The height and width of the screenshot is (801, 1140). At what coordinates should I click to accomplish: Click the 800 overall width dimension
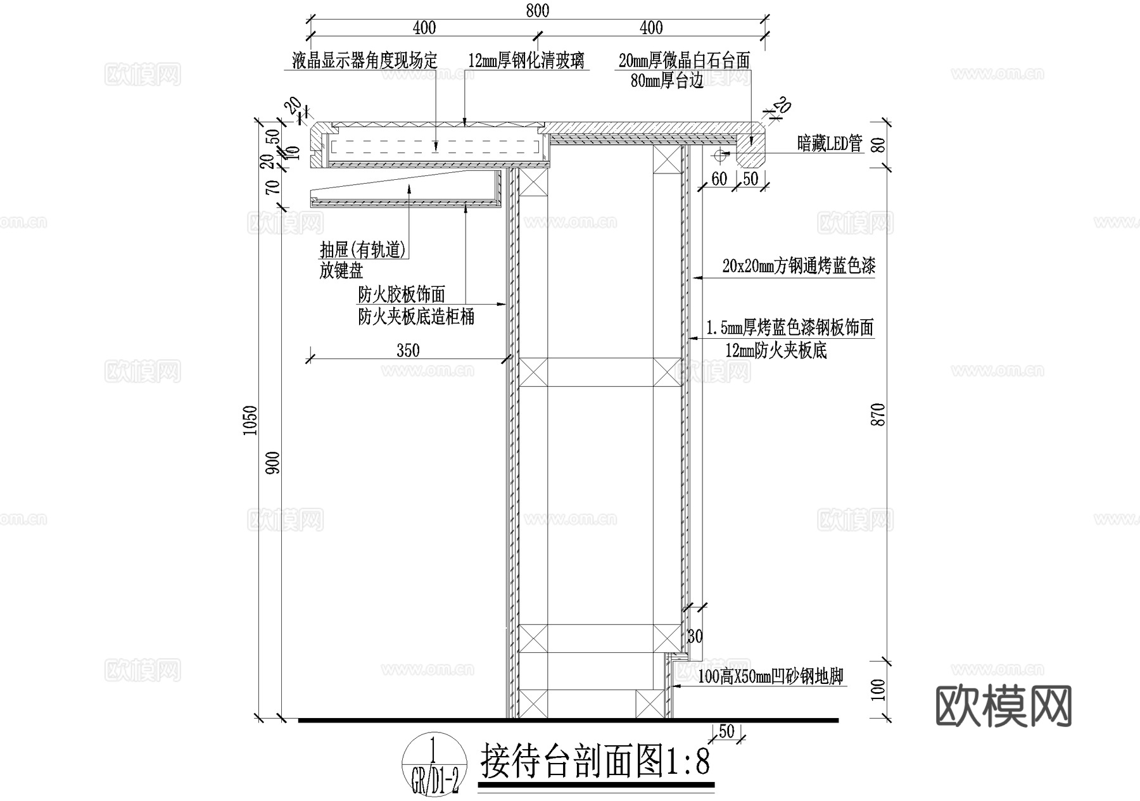(537, 11)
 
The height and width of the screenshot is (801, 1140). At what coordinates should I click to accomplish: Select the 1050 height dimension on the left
(251, 419)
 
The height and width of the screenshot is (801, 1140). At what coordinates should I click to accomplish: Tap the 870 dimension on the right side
(879, 415)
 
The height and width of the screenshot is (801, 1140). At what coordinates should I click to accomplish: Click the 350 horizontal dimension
(408, 351)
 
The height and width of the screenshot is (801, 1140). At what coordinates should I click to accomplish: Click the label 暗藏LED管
(830, 144)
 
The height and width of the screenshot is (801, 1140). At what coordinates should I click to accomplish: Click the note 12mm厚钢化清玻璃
(526, 61)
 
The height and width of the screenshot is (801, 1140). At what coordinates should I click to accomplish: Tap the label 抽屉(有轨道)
(363, 250)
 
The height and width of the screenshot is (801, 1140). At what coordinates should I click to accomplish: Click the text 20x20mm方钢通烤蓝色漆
(799, 266)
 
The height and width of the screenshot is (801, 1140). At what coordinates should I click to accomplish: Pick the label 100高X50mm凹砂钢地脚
(771, 677)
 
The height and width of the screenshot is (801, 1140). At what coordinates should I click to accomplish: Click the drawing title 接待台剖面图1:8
(595, 761)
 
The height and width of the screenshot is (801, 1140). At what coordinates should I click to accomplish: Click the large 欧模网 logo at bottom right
(1003, 707)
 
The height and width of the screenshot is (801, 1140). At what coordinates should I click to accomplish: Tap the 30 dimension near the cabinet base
(695, 636)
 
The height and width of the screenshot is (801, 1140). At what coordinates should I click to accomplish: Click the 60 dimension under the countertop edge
(719, 179)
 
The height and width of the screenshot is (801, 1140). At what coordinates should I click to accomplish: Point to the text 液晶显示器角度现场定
(364, 61)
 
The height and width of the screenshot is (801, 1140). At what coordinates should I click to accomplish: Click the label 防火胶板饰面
(402, 294)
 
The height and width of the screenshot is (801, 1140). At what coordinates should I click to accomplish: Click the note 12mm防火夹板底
(776, 350)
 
